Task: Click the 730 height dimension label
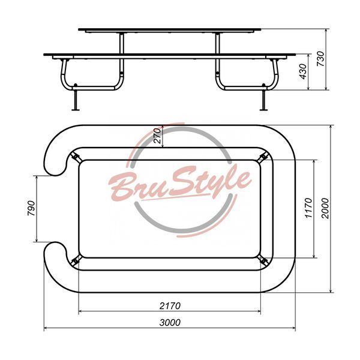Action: [321, 59]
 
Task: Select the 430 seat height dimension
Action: [303, 72]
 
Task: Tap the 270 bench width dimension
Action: [157, 136]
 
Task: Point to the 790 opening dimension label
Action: [31, 208]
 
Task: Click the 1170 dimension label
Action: [308, 208]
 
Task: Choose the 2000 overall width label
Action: [325, 208]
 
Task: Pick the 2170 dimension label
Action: [170, 306]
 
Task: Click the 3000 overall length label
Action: [170, 323]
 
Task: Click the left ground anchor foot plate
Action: [76, 110]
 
